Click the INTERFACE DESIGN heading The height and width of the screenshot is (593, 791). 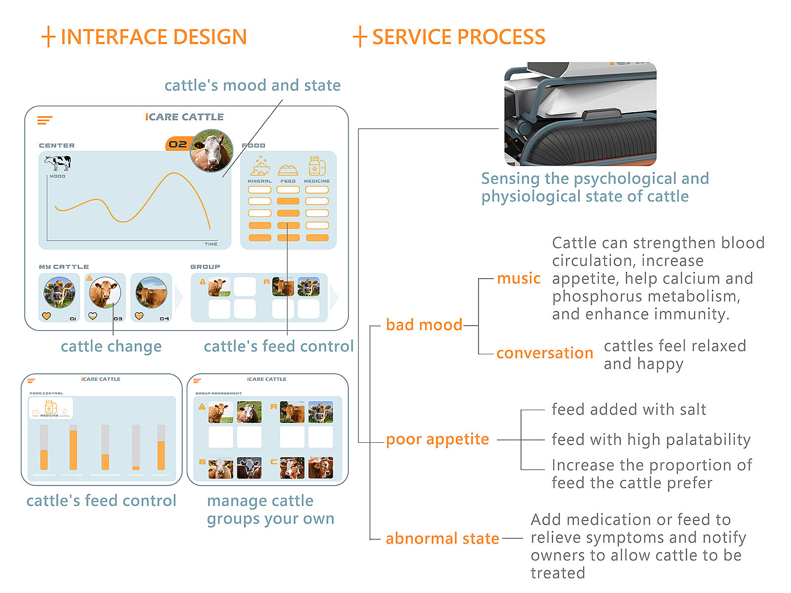click(153, 37)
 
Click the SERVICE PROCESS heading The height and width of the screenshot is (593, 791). click(458, 37)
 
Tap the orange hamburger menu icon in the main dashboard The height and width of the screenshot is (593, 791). click(44, 120)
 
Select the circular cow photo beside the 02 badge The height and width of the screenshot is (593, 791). click(212, 151)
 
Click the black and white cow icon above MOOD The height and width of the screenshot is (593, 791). click(57, 162)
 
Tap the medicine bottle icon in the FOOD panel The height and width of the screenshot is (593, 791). click(317, 166)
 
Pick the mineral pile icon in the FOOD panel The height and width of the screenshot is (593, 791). click(260, 167)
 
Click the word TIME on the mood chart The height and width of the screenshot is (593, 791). click(211, 244)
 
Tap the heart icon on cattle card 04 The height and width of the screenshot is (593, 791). click(139, 316)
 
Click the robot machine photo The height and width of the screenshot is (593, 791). click(580, 114)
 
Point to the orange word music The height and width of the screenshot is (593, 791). click(519, 278)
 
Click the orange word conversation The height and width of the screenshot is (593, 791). click(545, 353)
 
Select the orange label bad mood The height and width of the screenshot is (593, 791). click(424, 325)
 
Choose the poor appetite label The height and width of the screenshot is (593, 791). click(438, 439)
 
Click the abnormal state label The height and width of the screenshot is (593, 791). click(442, 538)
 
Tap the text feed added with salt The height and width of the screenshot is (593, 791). click(629, 410)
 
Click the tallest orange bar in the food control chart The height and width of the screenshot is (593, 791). click(73, 450)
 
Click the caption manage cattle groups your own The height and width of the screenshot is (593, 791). click(270, 509)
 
